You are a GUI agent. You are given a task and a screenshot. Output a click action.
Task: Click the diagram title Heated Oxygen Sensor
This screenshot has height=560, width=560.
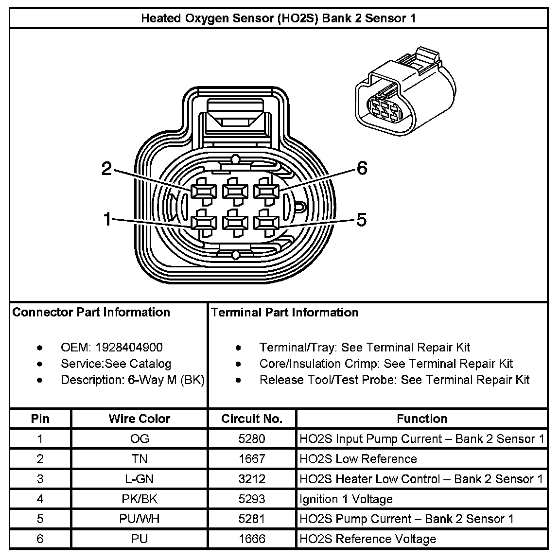[278, 18]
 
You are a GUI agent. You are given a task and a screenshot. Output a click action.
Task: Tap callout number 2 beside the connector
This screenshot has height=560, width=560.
[106, 169]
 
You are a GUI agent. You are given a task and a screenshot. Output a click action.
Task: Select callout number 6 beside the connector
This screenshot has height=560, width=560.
[362, 168]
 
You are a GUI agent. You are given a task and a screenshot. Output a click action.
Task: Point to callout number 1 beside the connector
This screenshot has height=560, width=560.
[107, 220]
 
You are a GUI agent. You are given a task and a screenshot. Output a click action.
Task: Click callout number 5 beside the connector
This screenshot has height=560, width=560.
[361, 220]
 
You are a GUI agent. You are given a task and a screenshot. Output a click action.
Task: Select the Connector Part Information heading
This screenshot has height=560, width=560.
[91, 312]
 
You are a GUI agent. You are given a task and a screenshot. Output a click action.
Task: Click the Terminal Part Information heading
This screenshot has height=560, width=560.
[285, 312]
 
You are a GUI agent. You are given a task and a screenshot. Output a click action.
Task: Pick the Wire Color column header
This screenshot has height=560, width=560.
[140, 419]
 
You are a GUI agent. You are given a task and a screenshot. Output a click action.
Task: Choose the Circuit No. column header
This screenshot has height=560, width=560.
[252, 419]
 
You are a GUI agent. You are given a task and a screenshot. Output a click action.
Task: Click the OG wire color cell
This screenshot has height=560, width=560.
[140, 439]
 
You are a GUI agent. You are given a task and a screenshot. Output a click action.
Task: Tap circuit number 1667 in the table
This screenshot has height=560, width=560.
[252, 459]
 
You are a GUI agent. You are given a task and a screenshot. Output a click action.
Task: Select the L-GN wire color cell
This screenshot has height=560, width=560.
[140, 479]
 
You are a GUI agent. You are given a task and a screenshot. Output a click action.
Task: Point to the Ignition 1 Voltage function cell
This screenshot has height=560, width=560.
[346, 499]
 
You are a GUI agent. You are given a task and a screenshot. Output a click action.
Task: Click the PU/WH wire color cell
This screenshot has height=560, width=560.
[140, 519]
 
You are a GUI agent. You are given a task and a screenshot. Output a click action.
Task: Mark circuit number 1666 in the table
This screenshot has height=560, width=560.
[252, 539]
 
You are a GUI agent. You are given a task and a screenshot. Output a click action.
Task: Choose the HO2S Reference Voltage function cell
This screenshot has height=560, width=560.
[367, 539]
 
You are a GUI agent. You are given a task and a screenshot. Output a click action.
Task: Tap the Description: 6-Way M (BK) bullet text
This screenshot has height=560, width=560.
[132, 380]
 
